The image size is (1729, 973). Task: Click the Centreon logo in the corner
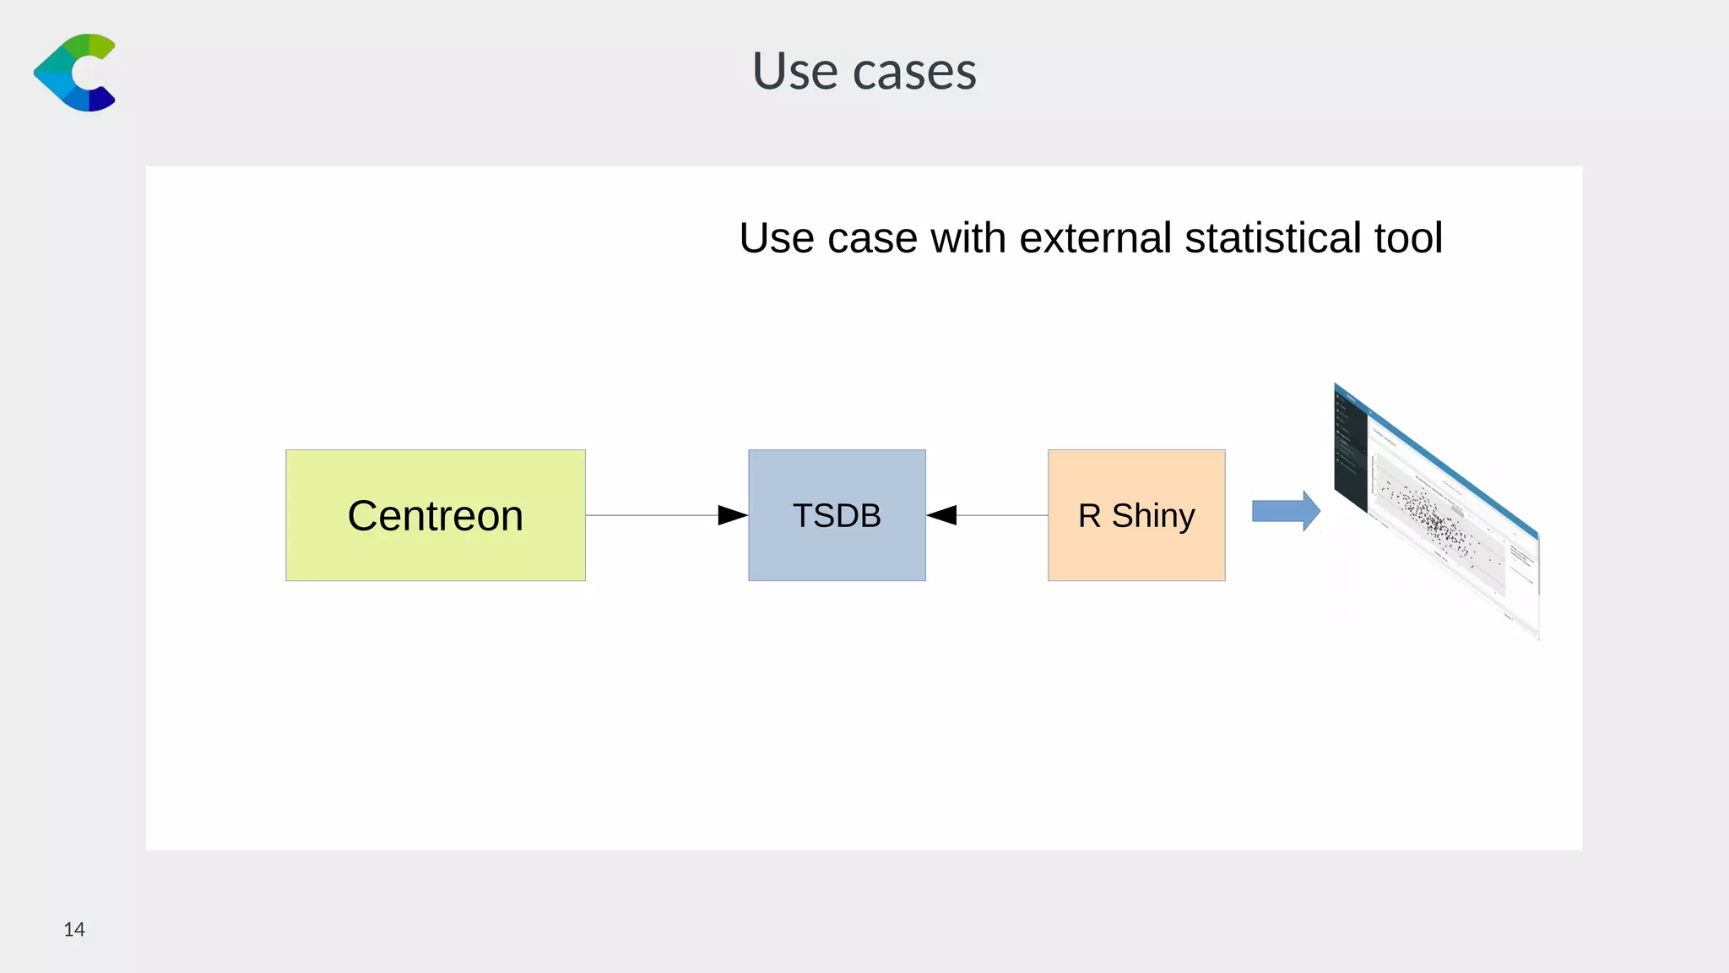point(74,73)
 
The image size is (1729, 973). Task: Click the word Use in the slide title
point(794,71)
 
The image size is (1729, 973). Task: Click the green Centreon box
point(435,515)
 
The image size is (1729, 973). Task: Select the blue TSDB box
point(837,515)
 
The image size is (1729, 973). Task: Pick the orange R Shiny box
point(1136,515)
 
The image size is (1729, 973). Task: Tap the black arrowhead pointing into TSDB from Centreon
point(731,515)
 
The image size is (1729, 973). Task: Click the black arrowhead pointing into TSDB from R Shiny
point(942,515)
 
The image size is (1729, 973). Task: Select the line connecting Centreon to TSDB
point(650,515)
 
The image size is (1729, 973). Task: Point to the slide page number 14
point(74,930)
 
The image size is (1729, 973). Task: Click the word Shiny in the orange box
point(1152,515)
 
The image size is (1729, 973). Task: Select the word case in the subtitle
point(871,238)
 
